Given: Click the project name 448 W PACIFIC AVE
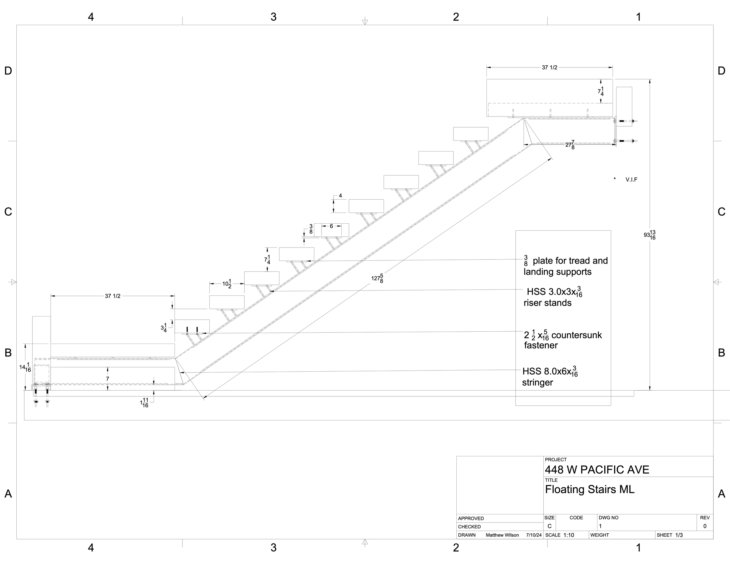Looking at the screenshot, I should pyautogui.click(x=597, y=470).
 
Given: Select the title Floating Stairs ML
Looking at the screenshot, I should pyautogui.click(x=590, y=490).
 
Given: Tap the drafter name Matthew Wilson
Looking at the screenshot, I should pyautogui.click(x=502, y=535).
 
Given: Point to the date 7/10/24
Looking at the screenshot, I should pyautogui.click(x=533, y=535).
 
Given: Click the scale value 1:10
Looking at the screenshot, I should pyautogui.click(x=569, y=535).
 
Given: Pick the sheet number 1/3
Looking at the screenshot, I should pyautogui.click(x=679, y=535).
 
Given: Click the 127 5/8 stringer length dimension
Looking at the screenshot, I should pyautogui.click(x=377, y=278).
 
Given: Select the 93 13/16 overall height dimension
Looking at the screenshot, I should pyautogui.click(x=649, y=235).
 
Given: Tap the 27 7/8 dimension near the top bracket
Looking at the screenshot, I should pyautogui.click(x=570, y=145).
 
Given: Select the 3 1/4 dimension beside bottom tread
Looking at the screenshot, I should pyautogui.click(x=164, y=328).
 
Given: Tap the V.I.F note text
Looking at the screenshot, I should pyautogui.click(x=631, y=180).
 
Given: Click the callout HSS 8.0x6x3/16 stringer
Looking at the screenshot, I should pyautogui.click(x=550, y=377).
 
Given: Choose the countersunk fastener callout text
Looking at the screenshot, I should pyautogui.click(x=563, y=340).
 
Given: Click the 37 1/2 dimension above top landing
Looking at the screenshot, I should pyautogui.click(x=550, y=67).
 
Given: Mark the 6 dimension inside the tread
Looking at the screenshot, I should pyautogui.click(x=331, y=226).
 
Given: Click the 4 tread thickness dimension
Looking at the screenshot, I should pyautogui.click(x=340, y=196).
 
